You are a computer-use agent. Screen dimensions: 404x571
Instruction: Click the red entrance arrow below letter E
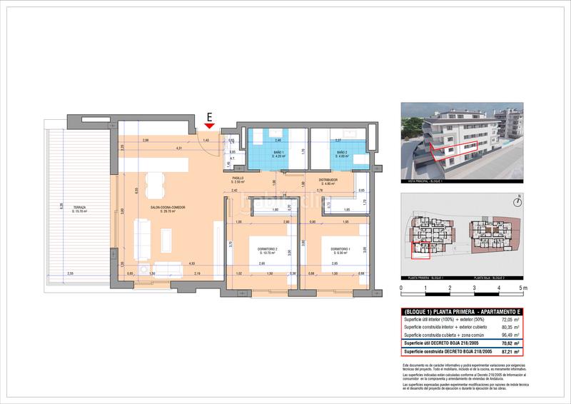coord(209,126)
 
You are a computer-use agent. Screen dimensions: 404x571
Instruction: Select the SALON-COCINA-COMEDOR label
coord(168,208)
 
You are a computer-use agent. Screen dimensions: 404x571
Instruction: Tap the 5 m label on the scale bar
coord(523,288)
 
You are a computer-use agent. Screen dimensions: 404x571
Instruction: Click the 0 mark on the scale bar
coord(402,288)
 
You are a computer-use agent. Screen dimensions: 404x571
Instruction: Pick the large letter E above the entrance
coord(209,114)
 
